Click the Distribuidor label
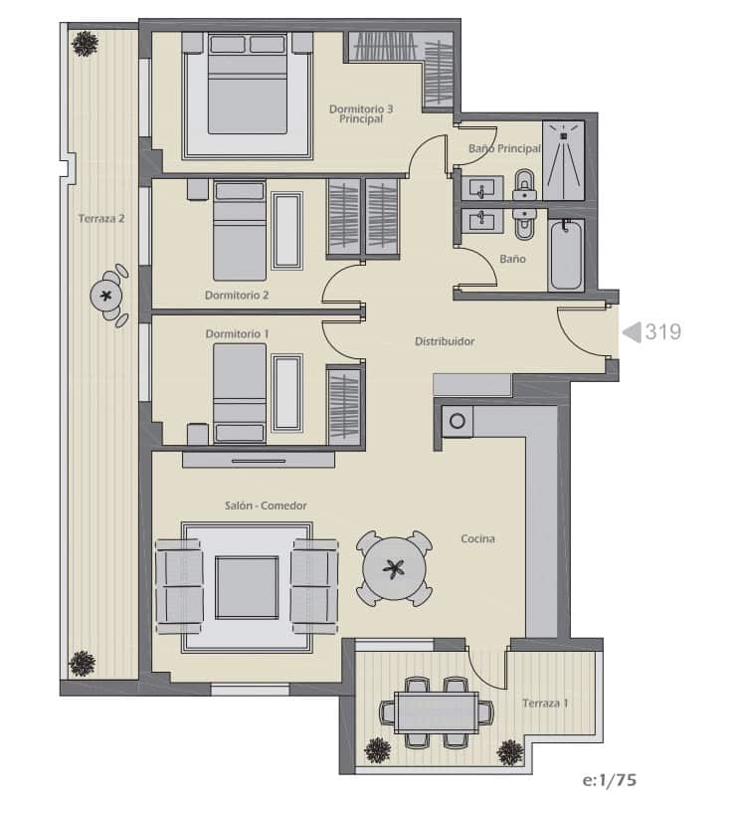444,341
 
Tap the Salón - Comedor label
266,506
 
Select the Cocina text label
477,539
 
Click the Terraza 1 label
545,704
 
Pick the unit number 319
663,332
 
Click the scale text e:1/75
610,780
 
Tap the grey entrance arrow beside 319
631,332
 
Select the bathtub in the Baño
565,256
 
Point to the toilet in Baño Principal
524,183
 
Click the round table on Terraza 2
106,295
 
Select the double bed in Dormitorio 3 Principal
247,94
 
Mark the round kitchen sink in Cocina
457,422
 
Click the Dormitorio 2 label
237,296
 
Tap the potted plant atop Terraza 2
85,43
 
